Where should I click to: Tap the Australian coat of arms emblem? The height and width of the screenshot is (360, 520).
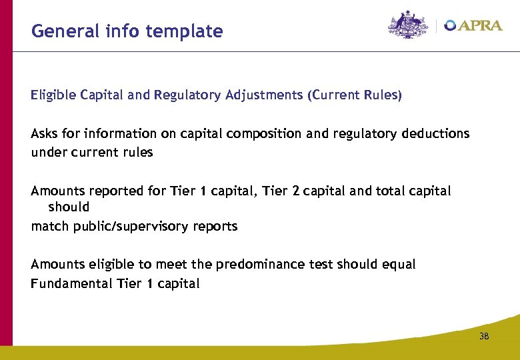point(409,25)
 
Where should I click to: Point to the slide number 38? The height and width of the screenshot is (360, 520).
point(484,337)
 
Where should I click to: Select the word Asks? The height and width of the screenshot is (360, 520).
point(45,133)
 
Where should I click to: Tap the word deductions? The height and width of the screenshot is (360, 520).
point(435,133)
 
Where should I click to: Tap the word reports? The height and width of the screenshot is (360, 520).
point(215,226)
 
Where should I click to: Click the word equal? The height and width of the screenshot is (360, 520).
point(399,265)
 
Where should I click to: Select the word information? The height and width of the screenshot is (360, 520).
point(121,133)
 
